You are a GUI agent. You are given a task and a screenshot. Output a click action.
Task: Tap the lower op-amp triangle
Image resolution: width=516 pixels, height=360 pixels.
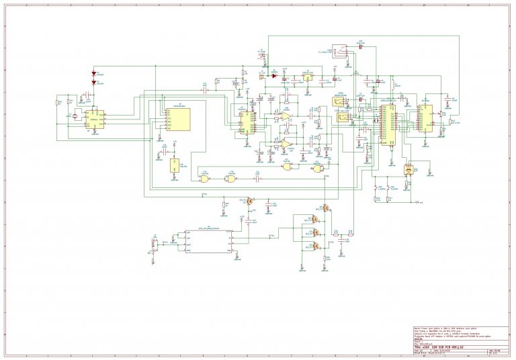[286, 143]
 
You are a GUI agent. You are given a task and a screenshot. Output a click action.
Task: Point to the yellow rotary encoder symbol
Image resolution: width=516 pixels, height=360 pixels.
[407, 171]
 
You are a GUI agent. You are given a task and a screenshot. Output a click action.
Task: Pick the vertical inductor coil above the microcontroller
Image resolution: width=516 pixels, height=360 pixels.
[393, 85]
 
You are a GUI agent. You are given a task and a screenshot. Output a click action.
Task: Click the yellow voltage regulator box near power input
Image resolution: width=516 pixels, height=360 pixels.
[307, 77]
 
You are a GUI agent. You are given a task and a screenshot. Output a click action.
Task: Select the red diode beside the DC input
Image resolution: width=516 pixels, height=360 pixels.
[275, 76]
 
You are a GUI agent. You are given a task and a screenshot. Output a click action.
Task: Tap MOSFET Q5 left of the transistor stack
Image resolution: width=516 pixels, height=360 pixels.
[250, 201]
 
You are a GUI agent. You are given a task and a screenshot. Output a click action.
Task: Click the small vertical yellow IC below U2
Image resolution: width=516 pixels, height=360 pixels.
[175, 165]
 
